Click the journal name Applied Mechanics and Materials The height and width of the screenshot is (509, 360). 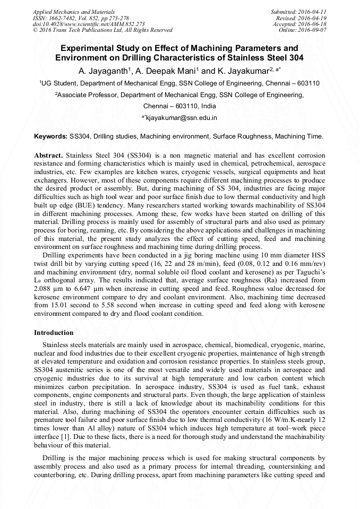(74, 11)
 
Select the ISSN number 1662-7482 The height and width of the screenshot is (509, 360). (65, 18)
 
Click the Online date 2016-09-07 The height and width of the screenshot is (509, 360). (314, 30)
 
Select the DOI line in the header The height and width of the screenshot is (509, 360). (89, 24)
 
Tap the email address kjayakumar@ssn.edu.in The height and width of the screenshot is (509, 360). (182, 117)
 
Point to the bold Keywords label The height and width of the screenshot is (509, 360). (50, 136)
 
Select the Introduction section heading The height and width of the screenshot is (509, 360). (54, 333)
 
